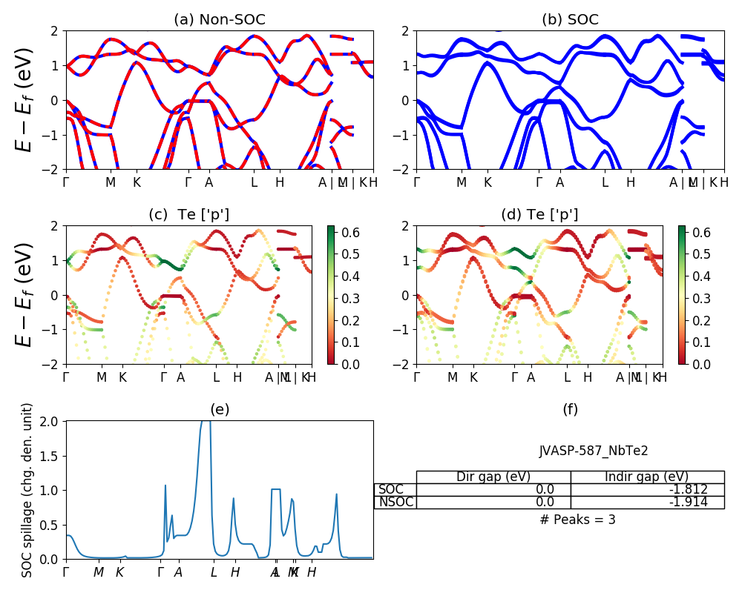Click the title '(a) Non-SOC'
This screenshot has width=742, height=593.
point(219,20)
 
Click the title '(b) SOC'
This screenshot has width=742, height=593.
point(570,20)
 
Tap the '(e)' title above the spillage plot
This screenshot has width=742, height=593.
point(219,409)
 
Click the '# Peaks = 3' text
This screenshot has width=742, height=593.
point(577,520)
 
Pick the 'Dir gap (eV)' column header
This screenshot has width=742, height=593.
point(493,477)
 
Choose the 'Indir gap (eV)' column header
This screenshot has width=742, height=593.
point(647,477)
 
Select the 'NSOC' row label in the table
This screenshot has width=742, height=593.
point(395,502)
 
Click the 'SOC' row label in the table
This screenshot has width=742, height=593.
point(391,489)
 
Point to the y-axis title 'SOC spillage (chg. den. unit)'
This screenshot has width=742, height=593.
point(27,490)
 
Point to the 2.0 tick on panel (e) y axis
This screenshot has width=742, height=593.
point(50,421)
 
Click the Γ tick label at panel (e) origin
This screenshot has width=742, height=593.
point(66,572)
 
